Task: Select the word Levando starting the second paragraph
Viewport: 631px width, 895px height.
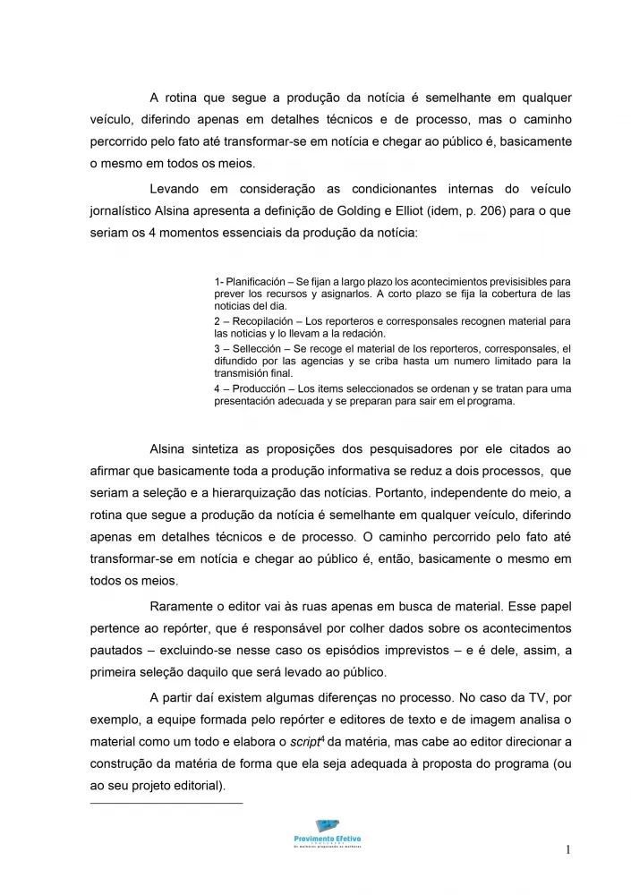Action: pyautogui.click(x=178, y=189)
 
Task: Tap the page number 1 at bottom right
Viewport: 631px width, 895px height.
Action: pyautogui.click(x=567, y=849)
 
